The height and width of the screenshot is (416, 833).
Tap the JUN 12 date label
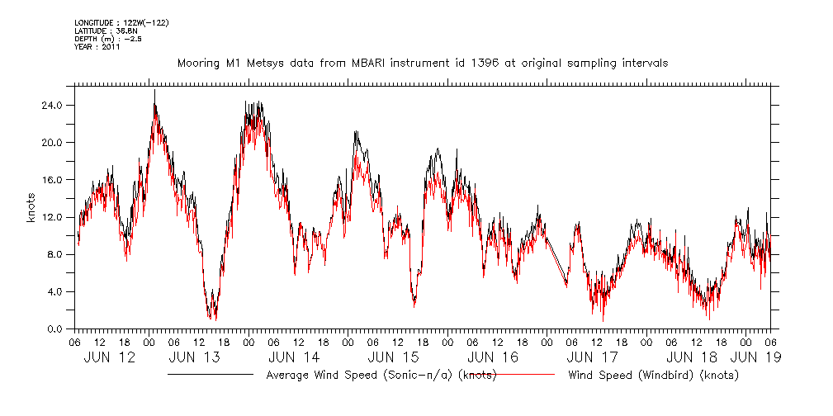click(110, 357)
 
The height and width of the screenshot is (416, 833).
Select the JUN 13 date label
click(194, 357)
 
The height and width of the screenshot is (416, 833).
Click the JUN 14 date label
click(294, 357)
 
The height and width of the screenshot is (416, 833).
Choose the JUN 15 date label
click(394, 357)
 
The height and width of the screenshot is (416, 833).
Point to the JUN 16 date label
click(494, 357)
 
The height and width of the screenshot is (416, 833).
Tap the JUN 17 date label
click(593, 357)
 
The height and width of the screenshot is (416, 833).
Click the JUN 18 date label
click(693, 357)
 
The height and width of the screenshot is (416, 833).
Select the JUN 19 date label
click(755, 357)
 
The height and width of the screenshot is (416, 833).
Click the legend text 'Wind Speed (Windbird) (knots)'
click(653, 375)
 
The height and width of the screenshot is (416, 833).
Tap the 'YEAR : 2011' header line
click(97, 46)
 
